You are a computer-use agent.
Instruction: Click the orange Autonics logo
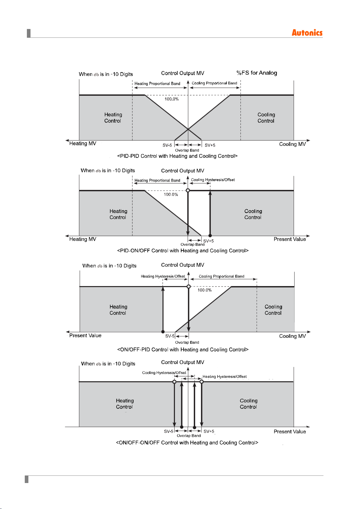pyautogui.click(x=307, y=33)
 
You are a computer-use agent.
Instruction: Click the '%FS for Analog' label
pyautogui.click(x=257, y=73)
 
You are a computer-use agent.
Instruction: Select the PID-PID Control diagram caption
pyautogui.click(x=177, y=156)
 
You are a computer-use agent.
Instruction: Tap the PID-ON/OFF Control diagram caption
pyautogui.click(x=183, y=250)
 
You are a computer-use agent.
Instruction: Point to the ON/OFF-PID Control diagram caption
pyautogui.click(x=183, y=349)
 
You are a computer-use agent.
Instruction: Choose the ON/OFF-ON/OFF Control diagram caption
pyautogui.click(x=187, y=443)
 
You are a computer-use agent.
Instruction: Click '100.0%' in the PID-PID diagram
pyautogui.click(x=172, y=99)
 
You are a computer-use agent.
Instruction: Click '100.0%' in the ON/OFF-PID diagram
pyautogui.click(x=204, y=290)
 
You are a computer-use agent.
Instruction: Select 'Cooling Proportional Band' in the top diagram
pyautogui.click(x=214, y=83)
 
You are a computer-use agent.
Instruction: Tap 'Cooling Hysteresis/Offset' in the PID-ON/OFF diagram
pyautogui.click(x=213, y=180)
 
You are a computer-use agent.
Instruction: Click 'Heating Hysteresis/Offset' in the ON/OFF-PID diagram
pyautogui.click(x=163, y=276)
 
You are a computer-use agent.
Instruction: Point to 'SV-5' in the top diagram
pyautogui.click(x=167, y=145)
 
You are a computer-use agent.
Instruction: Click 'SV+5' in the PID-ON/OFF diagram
pyautogui.click(x=208, y=241)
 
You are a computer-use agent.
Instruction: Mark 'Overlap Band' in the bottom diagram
pyautogui.click(x=189, y=436)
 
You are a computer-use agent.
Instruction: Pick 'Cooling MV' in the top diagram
pyautogui.click(x=293, y=144)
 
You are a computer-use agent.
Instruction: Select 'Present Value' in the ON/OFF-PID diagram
pyautogui.click(x=85, y=335)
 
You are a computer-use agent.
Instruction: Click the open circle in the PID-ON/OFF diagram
pyautogui.click(x=188, y=190)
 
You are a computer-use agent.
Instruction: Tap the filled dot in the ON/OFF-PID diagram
pyautogui.click(x=163, y=332)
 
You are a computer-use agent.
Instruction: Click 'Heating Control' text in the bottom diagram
pyautogui.click(x=125, y=404)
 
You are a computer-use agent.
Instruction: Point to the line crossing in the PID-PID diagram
pyautogui.click(x=188, y=129)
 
